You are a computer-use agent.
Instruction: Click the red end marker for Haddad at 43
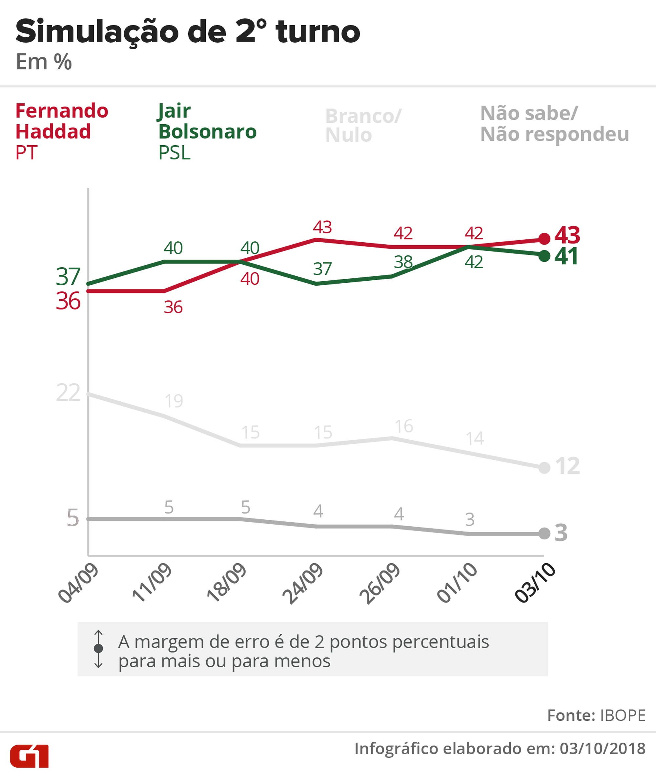(x=544, y=238)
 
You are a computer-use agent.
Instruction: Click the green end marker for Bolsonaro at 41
(x=544, y=256)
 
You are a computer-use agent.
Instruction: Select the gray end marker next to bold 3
(x=544, y=533)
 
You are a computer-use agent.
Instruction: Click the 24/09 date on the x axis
(x=302, y=584)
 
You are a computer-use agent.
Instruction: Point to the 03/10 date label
(x=535, y=583)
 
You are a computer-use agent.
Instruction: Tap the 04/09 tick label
(x=78, y=583)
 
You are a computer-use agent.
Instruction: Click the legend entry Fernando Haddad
(x=61, y=121)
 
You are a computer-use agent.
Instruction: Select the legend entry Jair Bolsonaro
(x=207, y=121)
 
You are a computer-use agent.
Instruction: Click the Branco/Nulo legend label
(x=363, y=125)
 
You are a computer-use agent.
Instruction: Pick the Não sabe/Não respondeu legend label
(x=554, y=124)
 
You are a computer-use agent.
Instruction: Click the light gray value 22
(x=68, y=392)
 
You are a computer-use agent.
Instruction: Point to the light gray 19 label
(x=174, y=401)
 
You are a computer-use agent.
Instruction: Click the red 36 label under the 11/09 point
(x=173, y=307)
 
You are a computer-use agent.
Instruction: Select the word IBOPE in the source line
(x=623, y=715)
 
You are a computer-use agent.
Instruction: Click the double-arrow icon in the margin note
(x=98, y=648)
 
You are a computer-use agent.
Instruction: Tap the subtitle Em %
(x=44, y=62)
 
